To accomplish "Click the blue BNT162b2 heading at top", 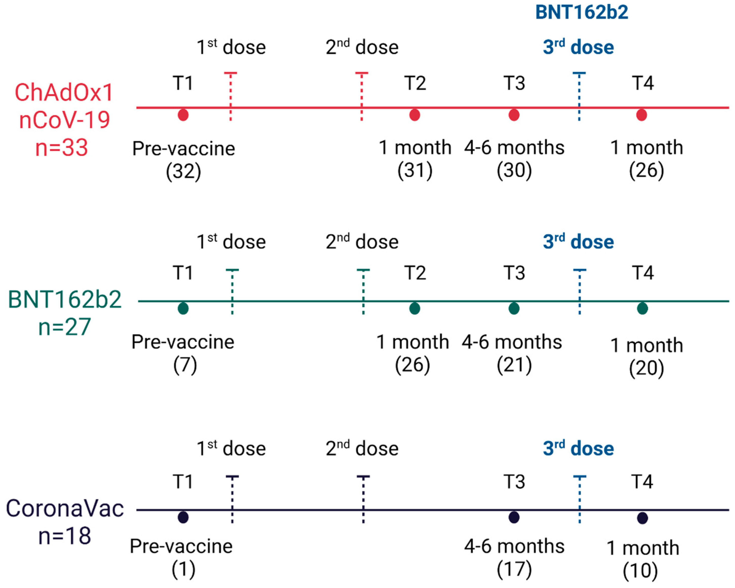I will coord(582,12).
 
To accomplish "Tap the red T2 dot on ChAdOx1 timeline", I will coord(415,115).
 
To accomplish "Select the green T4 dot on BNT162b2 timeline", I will coord(642,308).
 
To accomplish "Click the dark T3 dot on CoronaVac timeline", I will coord(514,518).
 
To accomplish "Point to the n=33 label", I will coord(62,148).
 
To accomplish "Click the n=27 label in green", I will coord(64,327).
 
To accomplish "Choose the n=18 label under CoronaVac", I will coord(64,536).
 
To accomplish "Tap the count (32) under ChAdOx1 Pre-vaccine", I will coord(183,171).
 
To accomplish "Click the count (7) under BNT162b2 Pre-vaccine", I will coord(185,365).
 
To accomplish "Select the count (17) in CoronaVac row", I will coord(514,569).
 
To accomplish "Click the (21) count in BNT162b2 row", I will coord(514,365).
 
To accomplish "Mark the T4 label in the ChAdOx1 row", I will coord(643,83).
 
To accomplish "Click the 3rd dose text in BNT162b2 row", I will coord(578,242).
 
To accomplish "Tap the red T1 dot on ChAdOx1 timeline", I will coord(183,115).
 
